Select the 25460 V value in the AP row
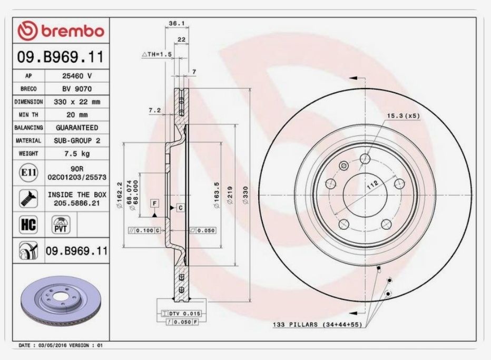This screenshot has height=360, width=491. pyautogui.click(x=77, y=76)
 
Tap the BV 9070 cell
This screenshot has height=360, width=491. pyautogui.click(x=77, y=89)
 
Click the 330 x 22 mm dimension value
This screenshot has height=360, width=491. pyautogui.click(x=77, y=102)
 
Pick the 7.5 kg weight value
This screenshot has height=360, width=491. pyautogui.click(x=77, y=153)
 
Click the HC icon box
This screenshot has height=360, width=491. pyautogui.click(x=26, y=225)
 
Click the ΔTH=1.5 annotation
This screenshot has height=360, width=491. pyautogui.click(x=157, y=54)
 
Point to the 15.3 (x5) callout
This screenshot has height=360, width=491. pyautogui.click(x=403, y=116)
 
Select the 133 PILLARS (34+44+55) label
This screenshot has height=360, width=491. pyautogui.click(x=317, y=325)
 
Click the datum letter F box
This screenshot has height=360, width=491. pyautogui.click(x=155, y=203)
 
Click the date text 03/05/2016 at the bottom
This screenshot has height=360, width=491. pyautogui.click(x=50, y=345)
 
